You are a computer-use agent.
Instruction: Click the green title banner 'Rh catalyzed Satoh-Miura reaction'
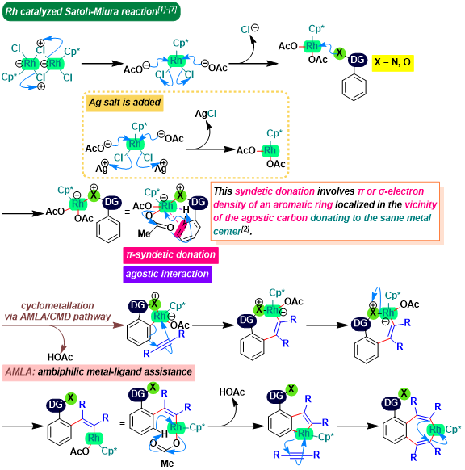point(91,11)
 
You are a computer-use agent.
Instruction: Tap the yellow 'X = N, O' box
point(393,63)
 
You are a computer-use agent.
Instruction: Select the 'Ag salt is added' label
point(124,103)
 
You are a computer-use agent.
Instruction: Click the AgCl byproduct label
point(206,114)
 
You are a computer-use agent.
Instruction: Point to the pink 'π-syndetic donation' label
point(171,255)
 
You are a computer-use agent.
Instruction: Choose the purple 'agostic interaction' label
point(167,275)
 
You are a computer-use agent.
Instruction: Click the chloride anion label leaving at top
point(249,29)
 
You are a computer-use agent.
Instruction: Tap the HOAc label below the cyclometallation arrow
point(61,357)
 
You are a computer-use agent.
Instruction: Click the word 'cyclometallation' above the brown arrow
point(57,306)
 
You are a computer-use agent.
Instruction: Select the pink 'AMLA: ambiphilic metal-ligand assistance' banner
point(98,372)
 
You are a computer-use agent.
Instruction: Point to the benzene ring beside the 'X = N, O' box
point(354,86)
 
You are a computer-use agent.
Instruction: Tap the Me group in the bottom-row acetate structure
point(167,463)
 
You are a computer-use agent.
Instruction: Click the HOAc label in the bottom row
point(232,392)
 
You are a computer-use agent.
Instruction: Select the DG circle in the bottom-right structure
point(392,403)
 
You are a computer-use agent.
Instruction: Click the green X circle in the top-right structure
point(339,53)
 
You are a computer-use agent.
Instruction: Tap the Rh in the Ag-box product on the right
point(270,150)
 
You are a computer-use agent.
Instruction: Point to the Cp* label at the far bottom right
point(453,430)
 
